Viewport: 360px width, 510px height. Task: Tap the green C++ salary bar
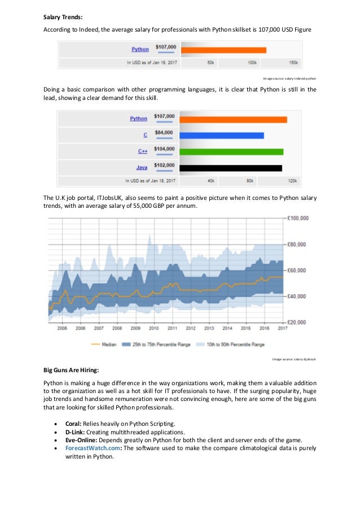click(232, 151)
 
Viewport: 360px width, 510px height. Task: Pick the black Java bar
click(231, 168)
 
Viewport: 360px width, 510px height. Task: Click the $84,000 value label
click(165, 133)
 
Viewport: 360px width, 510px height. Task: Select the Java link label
click(142, 168)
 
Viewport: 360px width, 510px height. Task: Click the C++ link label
click(143, 151)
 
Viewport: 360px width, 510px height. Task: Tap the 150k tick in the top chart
click(293, 62)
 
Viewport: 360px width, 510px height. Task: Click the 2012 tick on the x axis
click(190, 328)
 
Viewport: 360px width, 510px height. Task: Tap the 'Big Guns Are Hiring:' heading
click(71, 370)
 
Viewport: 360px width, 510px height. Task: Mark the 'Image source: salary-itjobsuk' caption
click(294, 359)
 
